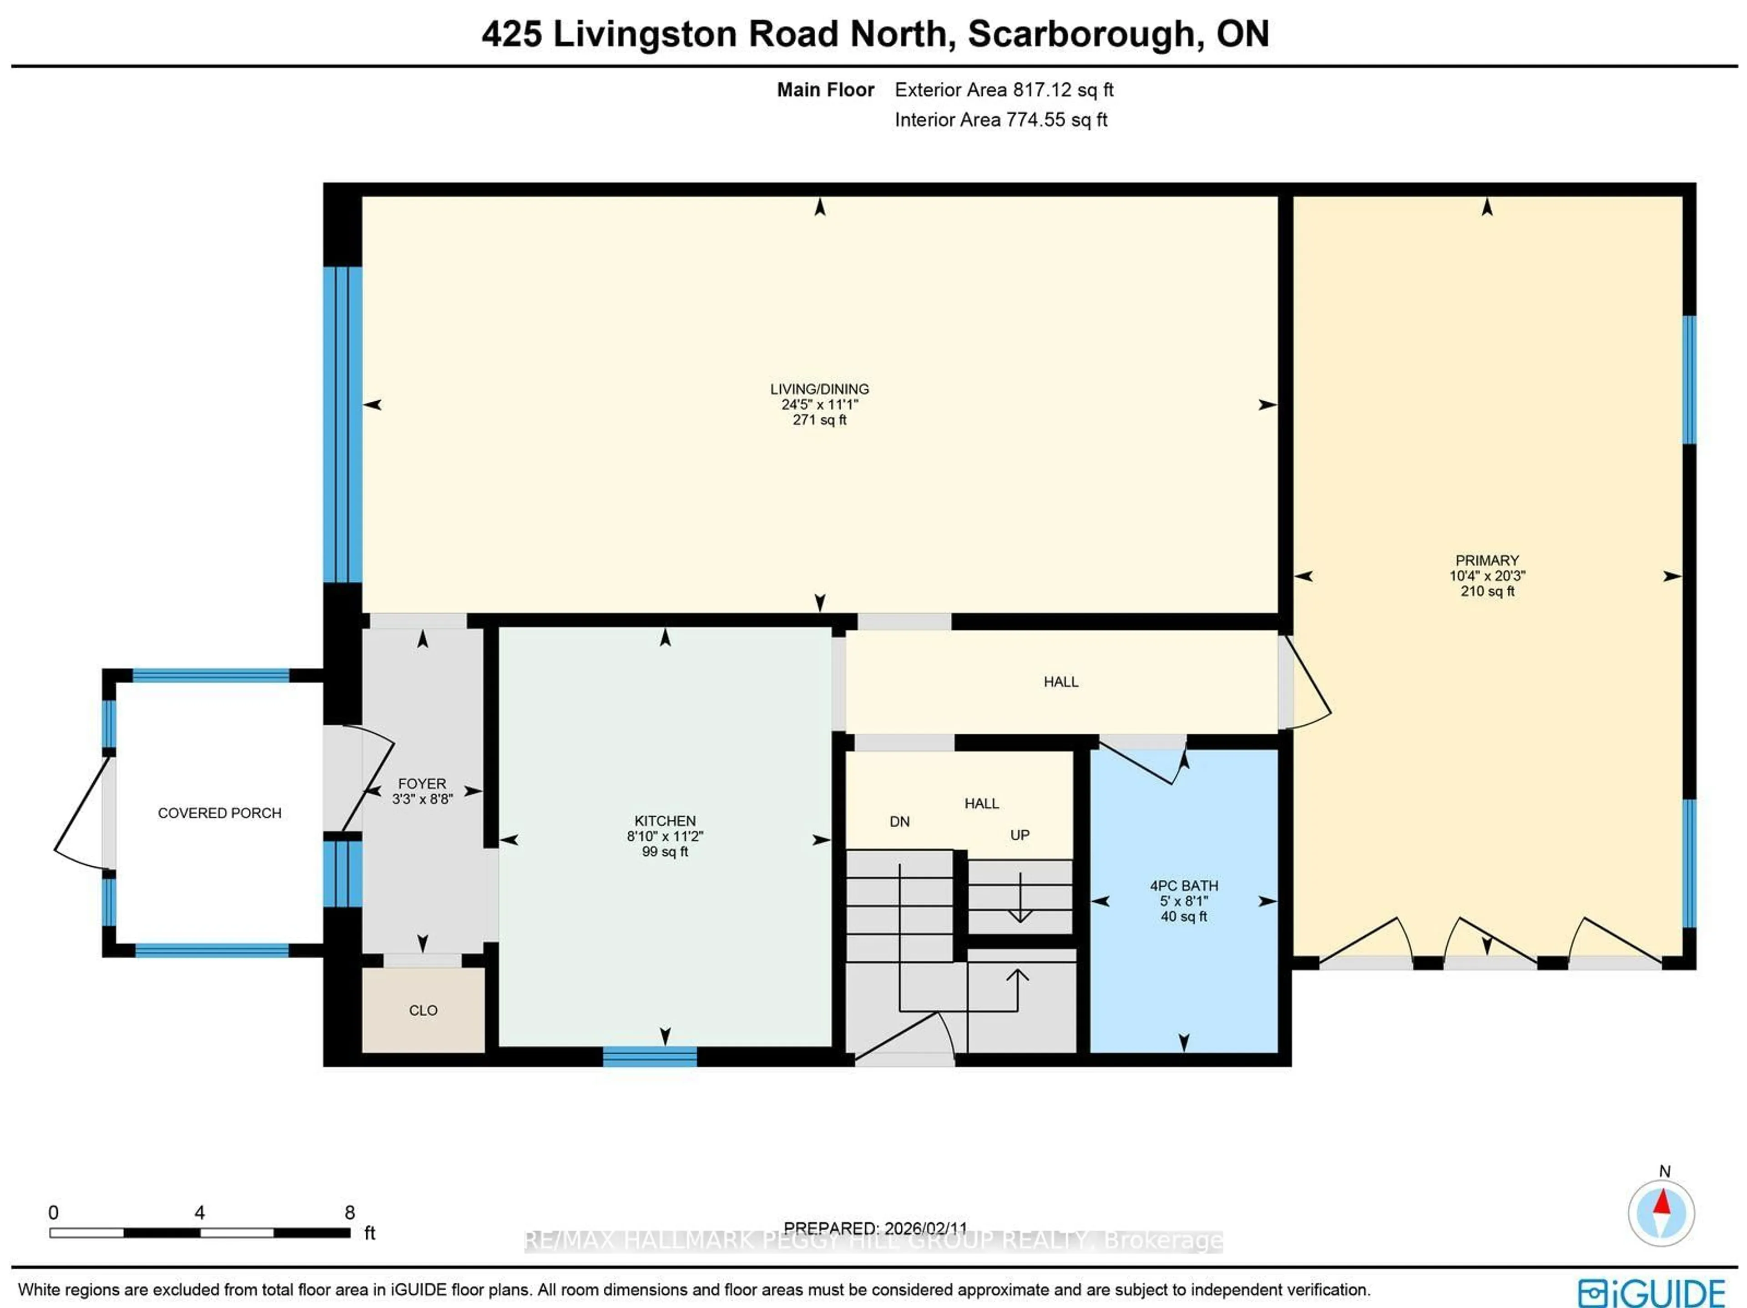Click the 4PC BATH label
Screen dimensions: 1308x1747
pyautogui.click(x=1183, y=885)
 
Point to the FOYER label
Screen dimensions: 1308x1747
pyautogui.click(x=422, y=783)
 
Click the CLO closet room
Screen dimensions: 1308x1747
pyautogui.click(x=423, y=1010)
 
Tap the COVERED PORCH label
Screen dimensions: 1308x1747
pyautogui.click(x=220, y=813)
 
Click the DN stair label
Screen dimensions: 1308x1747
pyautogui.click(x=899, y=822)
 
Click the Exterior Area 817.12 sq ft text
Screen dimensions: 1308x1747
pyautogui.click(x=1003, y=90)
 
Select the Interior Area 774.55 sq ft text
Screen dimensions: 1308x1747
pyautogui.click(x=1000, y=120)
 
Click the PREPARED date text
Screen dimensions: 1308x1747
pyautogui.click(x=874, y=1228)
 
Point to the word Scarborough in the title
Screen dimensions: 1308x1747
pyautogui.click(x=1081, y=34)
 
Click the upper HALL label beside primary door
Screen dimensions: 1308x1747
pyautogui.click(x=1060, y=682)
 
